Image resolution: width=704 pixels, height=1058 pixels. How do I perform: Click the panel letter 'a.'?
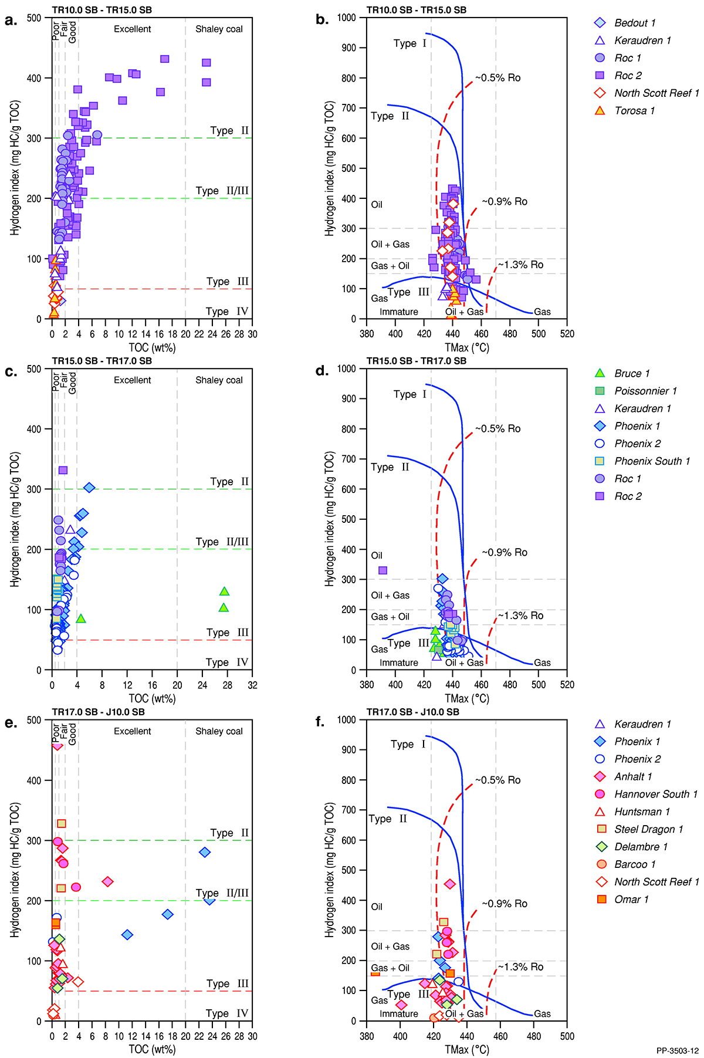point(11,20)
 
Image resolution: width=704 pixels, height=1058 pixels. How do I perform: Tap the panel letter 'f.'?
point(320,722)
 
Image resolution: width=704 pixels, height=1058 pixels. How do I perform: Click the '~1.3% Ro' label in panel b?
point(520,265)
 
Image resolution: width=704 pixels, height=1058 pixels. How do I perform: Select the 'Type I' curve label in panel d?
point(409,394)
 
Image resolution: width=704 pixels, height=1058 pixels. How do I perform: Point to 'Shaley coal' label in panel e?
point(219,731)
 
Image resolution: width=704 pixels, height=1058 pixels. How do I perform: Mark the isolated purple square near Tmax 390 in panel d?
point(383,570)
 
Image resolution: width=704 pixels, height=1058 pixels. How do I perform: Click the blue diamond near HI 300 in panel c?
point(89,488)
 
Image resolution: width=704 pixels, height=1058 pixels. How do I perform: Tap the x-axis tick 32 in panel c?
point(252,685)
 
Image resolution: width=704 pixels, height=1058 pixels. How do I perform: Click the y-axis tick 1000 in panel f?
point(347,719)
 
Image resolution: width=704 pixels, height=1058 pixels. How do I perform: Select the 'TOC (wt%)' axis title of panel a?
point(152,348)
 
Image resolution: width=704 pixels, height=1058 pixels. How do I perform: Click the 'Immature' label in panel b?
point(399,312)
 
